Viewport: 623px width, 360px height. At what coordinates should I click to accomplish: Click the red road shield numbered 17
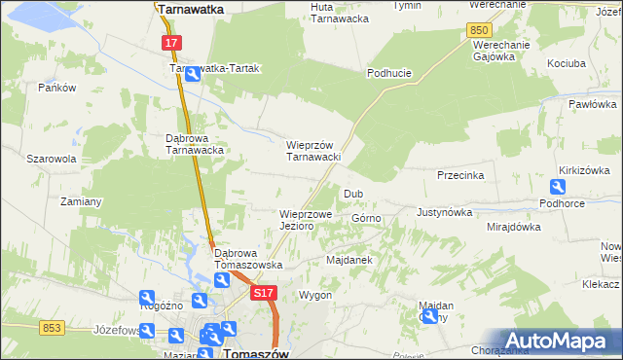click(x=170, y=43)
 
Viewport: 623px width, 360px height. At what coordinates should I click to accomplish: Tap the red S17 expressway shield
click(x=263, y=292)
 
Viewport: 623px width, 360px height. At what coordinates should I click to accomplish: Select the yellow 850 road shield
click(x=478, y=31)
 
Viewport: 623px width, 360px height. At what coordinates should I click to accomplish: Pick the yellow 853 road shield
click(x=53, y=328)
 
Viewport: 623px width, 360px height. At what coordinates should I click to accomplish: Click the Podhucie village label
click(x=389, y=73)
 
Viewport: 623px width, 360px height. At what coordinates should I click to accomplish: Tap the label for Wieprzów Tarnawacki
click(x=312, y=151)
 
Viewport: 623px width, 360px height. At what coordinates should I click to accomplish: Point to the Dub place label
click(x=353, y=194)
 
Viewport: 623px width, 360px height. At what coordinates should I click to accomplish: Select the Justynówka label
click(x=444, y=211)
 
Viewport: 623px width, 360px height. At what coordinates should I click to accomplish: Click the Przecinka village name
click(x=461, y=176)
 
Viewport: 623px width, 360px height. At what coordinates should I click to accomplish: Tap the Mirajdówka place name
click(x=513, y=227)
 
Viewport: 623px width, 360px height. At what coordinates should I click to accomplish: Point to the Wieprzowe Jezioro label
click(x=306, y=219)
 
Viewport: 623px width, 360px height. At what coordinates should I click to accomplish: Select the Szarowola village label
click(x=51, y=158)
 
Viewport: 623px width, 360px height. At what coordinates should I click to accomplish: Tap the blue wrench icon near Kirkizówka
click(x=562, y=186)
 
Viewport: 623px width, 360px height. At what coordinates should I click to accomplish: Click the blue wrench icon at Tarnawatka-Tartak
click(x=193, y=72)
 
